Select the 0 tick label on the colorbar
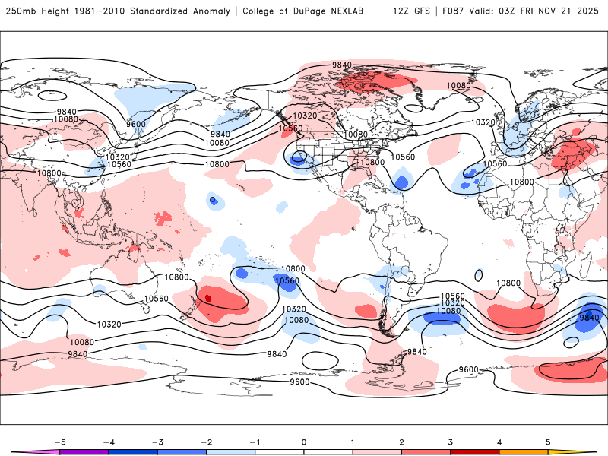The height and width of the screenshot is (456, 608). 304,442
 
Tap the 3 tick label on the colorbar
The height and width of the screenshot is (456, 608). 451,442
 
